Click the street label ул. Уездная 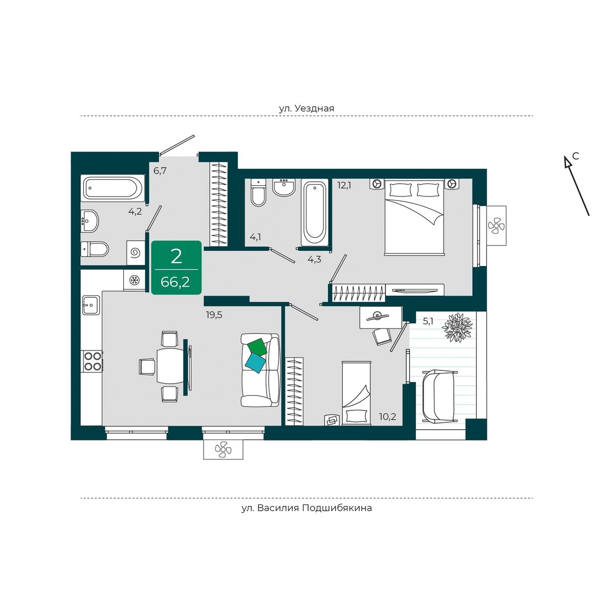click(x=306, y=108)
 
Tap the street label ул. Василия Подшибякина click(x=306, y=508)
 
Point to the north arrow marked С click(x=577, y=185)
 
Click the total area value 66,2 click(x=176, y=282)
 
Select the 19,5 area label click(x=214, y=315)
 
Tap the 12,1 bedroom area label click(x=344, y=185)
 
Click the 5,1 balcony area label click(x=428, y=321)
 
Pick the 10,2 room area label click(x=387, y=416)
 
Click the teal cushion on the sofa click(x=255, y=363)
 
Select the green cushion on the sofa click(x=257, y=347)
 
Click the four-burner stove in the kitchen click(x=93, y=361)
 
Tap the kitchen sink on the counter click(x=91, y=305)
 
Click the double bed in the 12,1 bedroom click(x=414, y=217)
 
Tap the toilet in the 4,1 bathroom click(x=258, y=192)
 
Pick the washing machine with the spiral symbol click(x=136, y=253)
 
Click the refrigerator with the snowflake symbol click(x=135, y=280)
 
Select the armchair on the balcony click(x=438, y=396)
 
